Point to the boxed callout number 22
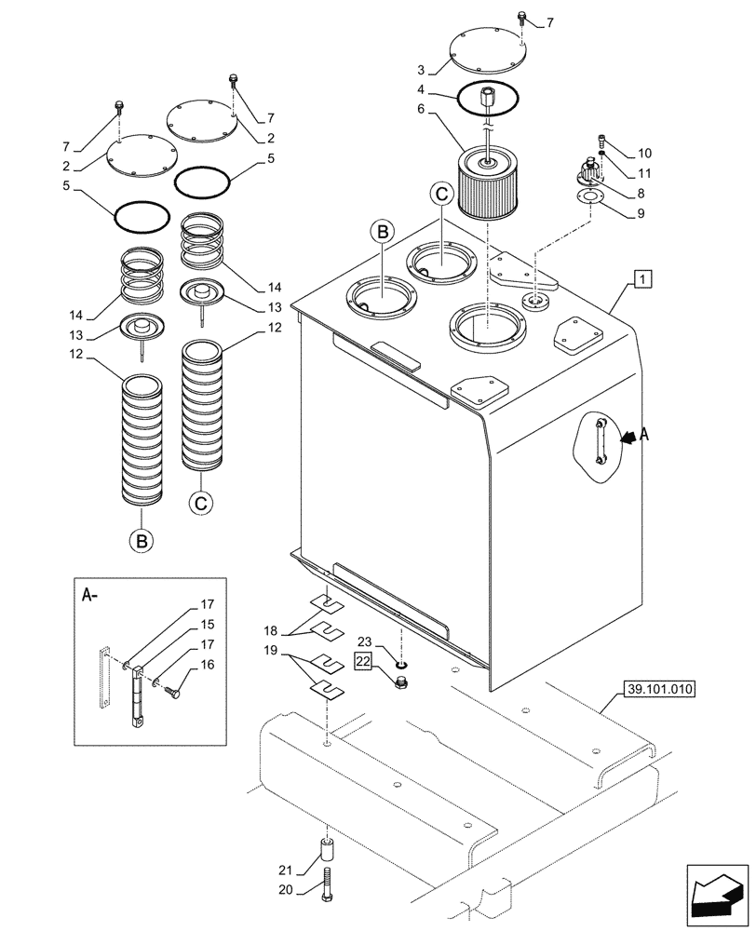[x=361, y=660]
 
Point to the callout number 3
[x=421, y=70]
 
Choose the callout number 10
[x=644, y=153]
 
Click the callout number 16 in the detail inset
[x=208, y=666]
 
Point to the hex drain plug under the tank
[x=401, y=684]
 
